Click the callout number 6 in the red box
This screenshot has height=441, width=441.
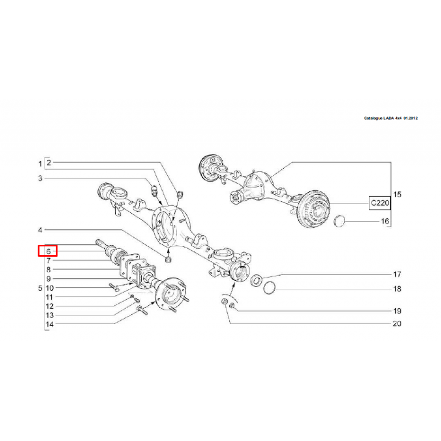[x=49, y=251]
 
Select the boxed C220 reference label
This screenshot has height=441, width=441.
[x=380, y=203]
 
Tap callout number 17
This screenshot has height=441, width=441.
[x=397, y=274]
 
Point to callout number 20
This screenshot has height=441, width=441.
[x=397, y=324]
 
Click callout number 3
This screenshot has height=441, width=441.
[x=40, y=178]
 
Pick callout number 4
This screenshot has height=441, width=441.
[x=40, y=230]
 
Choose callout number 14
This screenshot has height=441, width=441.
[x=50, y=324]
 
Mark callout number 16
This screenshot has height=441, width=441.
[x=385, y=222]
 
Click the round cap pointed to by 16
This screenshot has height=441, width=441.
[x=339, y=221]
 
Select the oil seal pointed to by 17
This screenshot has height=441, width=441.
[x=256, y=281]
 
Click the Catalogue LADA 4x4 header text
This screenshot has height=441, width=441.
[x=391, y=118]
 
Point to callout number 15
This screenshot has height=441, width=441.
[x=397, y=195]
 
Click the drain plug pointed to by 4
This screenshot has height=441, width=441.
[x=168, y=260]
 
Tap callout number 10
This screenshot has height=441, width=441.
[x=50, y=288]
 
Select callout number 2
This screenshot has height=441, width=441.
[x=49, y=163]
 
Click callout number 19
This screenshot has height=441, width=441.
[x=397, y=311]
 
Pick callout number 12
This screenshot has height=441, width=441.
[x=50, y=306]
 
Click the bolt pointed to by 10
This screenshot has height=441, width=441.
[x=114, y=287]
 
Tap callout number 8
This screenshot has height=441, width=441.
[x=49, y=270]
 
